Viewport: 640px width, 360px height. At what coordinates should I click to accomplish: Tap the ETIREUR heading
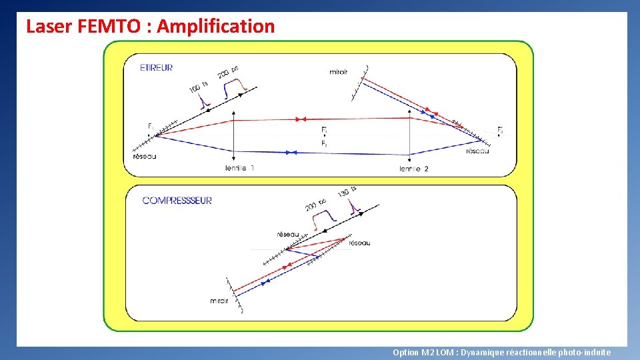coord(157,67)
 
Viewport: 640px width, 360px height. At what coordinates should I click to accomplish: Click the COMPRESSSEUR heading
coord(177,201)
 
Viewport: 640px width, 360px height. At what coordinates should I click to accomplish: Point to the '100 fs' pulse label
coord(198,87)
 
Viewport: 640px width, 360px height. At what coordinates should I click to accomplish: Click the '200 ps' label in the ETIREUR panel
coord(228,71)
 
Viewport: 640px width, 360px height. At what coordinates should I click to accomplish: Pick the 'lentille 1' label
coord(239,169)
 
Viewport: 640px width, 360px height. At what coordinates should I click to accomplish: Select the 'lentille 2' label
coord(413,169)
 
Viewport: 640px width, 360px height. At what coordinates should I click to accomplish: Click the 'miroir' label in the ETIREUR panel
coord(339,72)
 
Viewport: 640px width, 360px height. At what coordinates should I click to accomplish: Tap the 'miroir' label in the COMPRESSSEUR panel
coord(219,301)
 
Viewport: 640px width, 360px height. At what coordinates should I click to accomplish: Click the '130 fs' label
coord(347,193)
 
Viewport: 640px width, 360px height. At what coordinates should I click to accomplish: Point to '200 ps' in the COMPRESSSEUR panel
coord(315,205)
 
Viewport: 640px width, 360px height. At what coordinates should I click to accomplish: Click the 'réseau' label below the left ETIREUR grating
coord(145,157)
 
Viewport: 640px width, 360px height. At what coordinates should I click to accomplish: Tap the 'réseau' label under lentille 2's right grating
coord(477,151)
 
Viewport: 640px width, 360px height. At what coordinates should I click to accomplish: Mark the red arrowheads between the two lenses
coord(301,119)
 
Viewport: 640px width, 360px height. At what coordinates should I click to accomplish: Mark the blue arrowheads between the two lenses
coord(290,153)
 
